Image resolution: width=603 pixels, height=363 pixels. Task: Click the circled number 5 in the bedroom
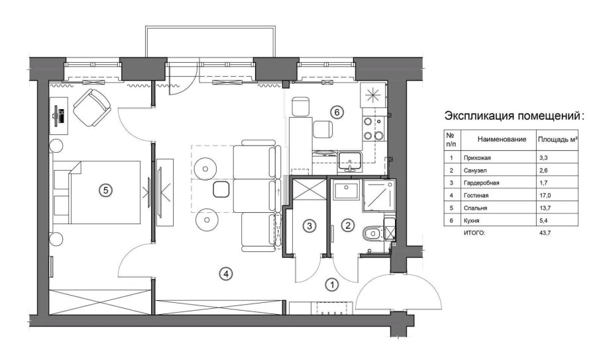(x=103, y=190)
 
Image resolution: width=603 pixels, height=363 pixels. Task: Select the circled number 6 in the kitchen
(x=337, y=112)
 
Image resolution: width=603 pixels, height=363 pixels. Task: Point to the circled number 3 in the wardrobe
(x=309, y=225)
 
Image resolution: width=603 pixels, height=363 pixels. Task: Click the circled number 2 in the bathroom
(x=347, y=225)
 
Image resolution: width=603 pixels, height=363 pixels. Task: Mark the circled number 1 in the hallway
(x=331, y=284)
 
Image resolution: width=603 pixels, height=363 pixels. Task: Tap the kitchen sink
(x=349, y=159)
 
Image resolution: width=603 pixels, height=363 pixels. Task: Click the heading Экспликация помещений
(x=514, y=116)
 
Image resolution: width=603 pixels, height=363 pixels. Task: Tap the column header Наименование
(x=496, y=140)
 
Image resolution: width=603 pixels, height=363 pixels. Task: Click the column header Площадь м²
(x=557, y=140)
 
